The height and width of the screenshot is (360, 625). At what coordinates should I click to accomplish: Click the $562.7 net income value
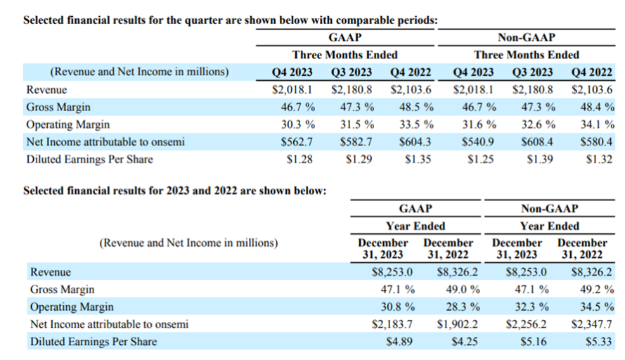(297, 142)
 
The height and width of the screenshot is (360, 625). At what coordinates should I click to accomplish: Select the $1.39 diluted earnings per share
(540, 160)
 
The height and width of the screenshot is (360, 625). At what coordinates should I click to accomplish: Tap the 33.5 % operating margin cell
(416, 124)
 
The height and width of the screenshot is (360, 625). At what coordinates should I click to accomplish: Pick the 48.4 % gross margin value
(597, 107)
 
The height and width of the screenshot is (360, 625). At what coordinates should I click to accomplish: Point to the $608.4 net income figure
(537, 142)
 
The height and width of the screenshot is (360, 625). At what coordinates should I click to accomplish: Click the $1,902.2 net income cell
(457, 324)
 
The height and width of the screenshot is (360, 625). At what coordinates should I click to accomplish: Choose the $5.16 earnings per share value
(534, 342)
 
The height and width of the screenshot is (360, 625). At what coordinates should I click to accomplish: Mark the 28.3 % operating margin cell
(463, 307)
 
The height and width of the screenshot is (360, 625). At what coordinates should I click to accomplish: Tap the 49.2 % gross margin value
(597, 289)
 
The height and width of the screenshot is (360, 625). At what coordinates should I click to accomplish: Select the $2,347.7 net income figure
(591, 324)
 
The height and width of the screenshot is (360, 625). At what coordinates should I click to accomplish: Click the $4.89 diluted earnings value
(399, 342)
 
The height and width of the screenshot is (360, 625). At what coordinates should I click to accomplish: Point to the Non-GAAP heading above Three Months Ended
(526, 37)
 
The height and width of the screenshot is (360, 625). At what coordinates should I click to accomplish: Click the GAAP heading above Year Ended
(415, 209)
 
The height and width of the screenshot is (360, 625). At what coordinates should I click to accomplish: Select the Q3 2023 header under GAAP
(351, 72)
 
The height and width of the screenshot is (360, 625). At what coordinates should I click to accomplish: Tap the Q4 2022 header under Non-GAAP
(591, 72)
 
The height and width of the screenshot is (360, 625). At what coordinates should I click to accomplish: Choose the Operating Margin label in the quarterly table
(67, 124)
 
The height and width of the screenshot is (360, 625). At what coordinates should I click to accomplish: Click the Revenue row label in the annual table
(51, 272)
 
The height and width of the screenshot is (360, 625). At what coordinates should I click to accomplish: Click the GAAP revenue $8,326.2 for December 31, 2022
(457, 272)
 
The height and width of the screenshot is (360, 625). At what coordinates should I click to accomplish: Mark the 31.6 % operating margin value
(479, 124)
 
